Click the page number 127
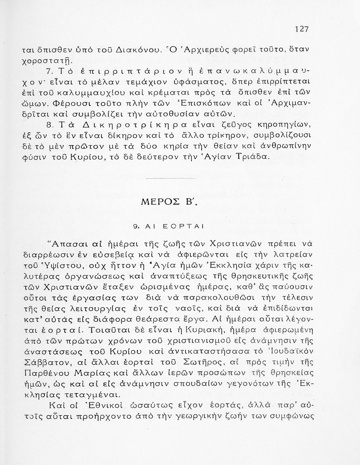click(301, 29)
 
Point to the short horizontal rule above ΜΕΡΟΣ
click(170, 179)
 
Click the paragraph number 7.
click(49, 72)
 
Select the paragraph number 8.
click(49, 125)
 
